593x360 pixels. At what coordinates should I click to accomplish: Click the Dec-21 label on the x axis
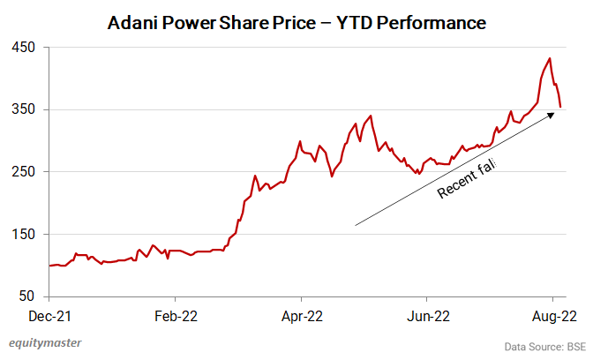49,313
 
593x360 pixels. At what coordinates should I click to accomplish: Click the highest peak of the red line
550,59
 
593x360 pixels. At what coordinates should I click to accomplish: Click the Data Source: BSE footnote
544,346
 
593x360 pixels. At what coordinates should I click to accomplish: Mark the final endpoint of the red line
560,107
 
